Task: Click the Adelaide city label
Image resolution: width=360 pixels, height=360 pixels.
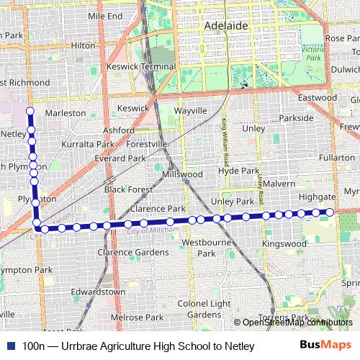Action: (226, 25)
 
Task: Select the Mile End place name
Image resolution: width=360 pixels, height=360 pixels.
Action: (105, 16)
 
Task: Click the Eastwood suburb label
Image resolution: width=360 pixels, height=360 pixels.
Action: (318, 97)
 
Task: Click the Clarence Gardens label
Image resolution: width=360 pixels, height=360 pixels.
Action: (133, 253)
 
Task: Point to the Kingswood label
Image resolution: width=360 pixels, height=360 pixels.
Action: (284, 244)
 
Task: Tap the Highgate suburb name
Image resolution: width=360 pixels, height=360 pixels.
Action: (317, 197)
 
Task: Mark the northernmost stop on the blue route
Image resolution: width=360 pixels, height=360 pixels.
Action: (30, 111)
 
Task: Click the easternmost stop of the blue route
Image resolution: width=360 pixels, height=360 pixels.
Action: (330, 212)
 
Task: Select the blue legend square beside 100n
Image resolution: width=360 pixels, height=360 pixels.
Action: (10, 346)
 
